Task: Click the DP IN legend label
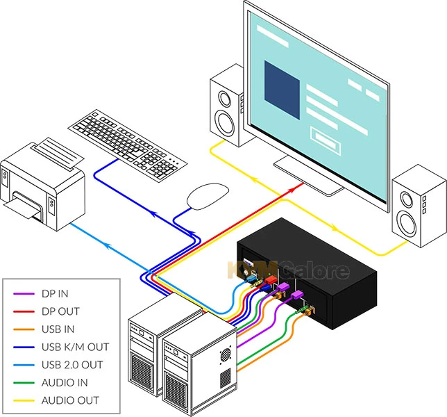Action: [x=56, y=294]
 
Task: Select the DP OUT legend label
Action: [x=60, y=311]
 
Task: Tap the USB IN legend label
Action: [x=58, y=329]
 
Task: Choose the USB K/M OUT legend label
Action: [x=75, y=347]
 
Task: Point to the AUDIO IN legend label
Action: [x=65, y=382]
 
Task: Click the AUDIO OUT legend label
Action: [x=69, y=400]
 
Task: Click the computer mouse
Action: [x=207, y=195]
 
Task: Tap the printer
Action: [x=42, y=184]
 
